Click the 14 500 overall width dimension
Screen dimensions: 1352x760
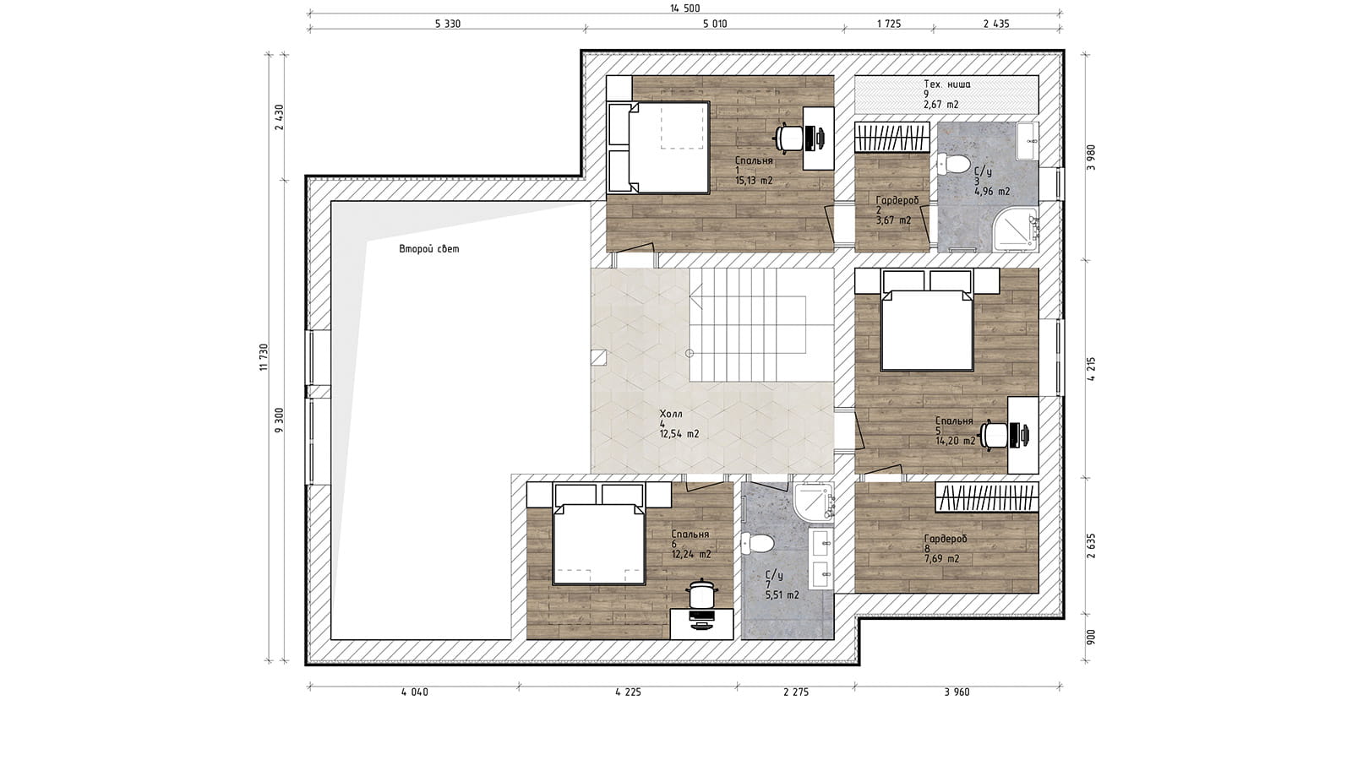pyautogui.click(x=684, y=8)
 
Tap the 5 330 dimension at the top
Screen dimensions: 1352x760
pyautogui.click(x=447, y=24)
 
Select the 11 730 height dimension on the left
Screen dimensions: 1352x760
pyautogui.click(x=263, y=357)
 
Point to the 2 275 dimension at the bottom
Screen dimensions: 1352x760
pyautogui.click(x=795, y=692)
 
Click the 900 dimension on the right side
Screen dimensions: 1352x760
pyautogui.click(x=1090, y=637)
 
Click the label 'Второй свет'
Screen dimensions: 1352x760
pyautogui.click(x=429, y=248)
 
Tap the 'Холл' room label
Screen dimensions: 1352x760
pyautogui.click(x=671, y=414)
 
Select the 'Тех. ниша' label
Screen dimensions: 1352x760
pyautogui.click(x=947, y=84)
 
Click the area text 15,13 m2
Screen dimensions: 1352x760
pyautogui.click(x=754, y=181)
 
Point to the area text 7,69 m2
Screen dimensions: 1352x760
pyautogui.click(x=941, y=559)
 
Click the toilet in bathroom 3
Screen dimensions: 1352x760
pyautogui.click(x=951, y=163)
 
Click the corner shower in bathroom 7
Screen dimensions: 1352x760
pyautogui.click(x=815, y=502)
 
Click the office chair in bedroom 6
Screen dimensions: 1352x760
pyautogui.click(x=701, y=594)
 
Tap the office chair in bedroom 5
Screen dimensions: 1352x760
pyautogui.click(x=994, y=435)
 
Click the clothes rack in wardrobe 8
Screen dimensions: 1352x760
pyautogui.click(x=987, y=497)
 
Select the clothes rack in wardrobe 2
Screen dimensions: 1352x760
pyautogui.click(x=892, y=138)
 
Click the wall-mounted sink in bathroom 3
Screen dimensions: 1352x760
pyautogui.click(x=1028, y=141)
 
